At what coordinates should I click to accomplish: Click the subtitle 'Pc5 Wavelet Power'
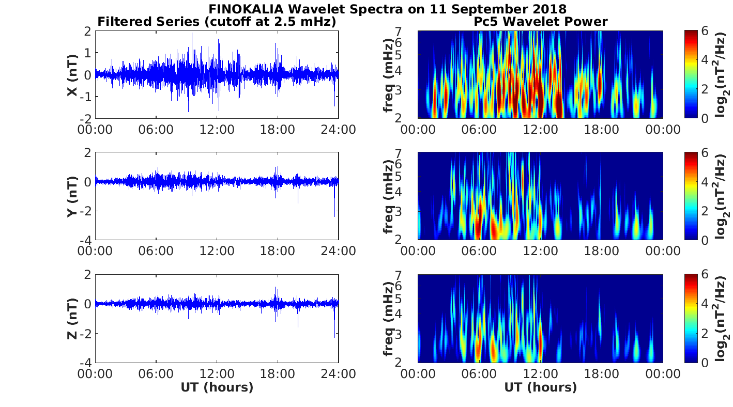coord(540,22)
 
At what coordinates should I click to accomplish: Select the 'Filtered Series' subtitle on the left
coord(217,22)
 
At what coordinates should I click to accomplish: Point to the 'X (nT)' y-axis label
coord(73,75)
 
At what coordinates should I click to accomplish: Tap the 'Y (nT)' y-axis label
coord(73,196)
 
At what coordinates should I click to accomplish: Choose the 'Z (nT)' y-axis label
coord(73,318)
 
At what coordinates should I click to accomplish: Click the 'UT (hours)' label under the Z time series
coord(217,387)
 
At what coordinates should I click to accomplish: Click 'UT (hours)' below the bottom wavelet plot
coord(540,387)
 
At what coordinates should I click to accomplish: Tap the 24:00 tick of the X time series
coord(338,129)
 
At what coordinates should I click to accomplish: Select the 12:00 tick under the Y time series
coord(217,251)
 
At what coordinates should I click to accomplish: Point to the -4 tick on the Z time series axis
coord(86,363)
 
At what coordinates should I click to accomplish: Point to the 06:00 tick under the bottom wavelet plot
coord(479,373)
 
